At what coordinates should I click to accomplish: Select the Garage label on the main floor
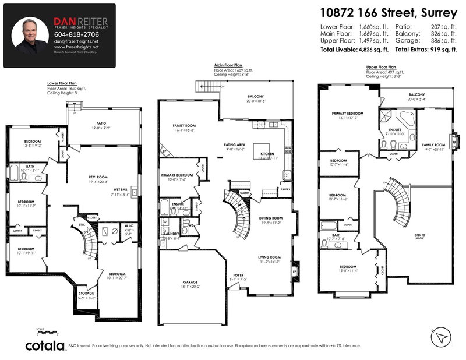coord(190,283)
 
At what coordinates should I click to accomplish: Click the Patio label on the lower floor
coord(103,123)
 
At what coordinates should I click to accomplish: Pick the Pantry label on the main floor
coord(285,189)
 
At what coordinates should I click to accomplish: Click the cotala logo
coord(45,345)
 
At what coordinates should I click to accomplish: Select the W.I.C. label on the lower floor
coord(129,225)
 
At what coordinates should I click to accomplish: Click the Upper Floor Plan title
coord(381,67)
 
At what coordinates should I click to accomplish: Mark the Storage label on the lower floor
coord(86,294)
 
